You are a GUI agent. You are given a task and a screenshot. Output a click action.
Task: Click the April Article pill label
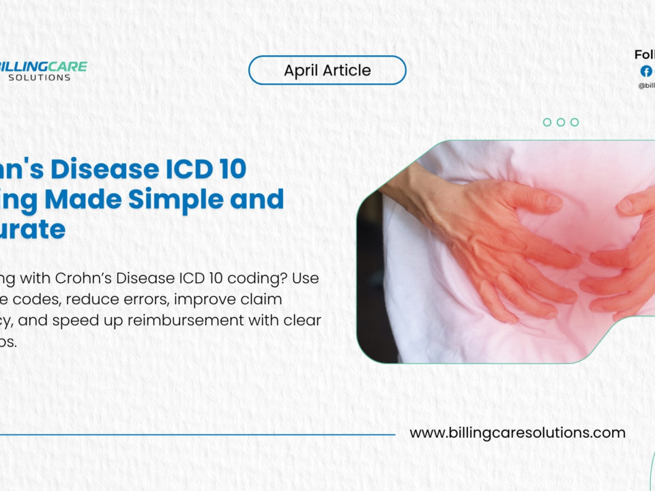point(327,70)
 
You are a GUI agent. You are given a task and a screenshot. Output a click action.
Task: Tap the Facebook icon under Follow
point(645,71)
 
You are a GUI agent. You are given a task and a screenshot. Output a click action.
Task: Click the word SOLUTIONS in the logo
point(40,78)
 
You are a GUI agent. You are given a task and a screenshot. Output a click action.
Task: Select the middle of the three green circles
point(561,122)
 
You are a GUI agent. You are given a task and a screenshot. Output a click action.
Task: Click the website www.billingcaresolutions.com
point(517,432)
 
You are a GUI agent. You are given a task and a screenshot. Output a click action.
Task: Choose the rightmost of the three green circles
point(574,122)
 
